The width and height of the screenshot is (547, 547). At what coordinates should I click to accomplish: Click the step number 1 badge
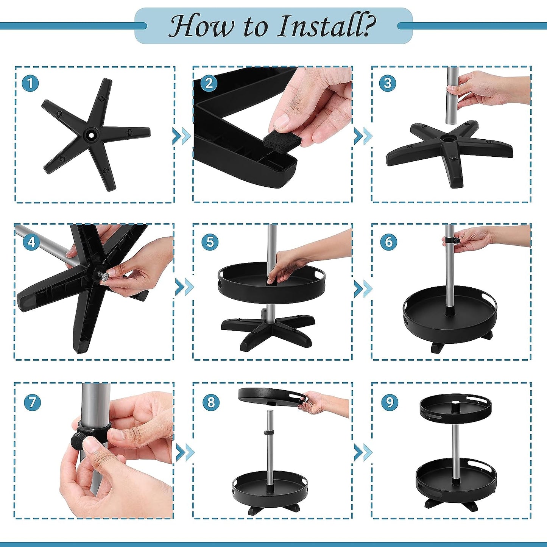30,84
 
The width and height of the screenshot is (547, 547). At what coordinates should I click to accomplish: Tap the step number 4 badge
31,242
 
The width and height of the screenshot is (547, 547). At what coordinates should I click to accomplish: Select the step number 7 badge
32,402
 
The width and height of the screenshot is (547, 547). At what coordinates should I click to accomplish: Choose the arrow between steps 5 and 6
363,288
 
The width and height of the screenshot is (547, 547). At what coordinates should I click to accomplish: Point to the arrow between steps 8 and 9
363,451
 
